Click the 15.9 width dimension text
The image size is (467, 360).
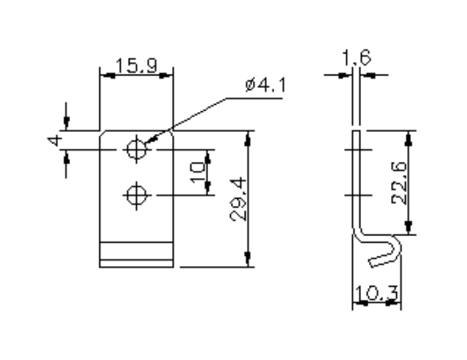[136, 66]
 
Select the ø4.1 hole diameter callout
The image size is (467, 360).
[265, 86]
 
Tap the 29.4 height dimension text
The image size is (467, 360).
[238, 199]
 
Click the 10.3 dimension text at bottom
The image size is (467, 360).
[376, 292]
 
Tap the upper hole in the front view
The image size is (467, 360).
[136, 149]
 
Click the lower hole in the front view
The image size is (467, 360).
[136, 195]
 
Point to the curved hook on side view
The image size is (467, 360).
[388, 251]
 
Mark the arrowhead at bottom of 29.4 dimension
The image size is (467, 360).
[248, 261]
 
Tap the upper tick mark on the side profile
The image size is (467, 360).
[357, 151]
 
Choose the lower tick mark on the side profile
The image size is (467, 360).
[357, 195]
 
